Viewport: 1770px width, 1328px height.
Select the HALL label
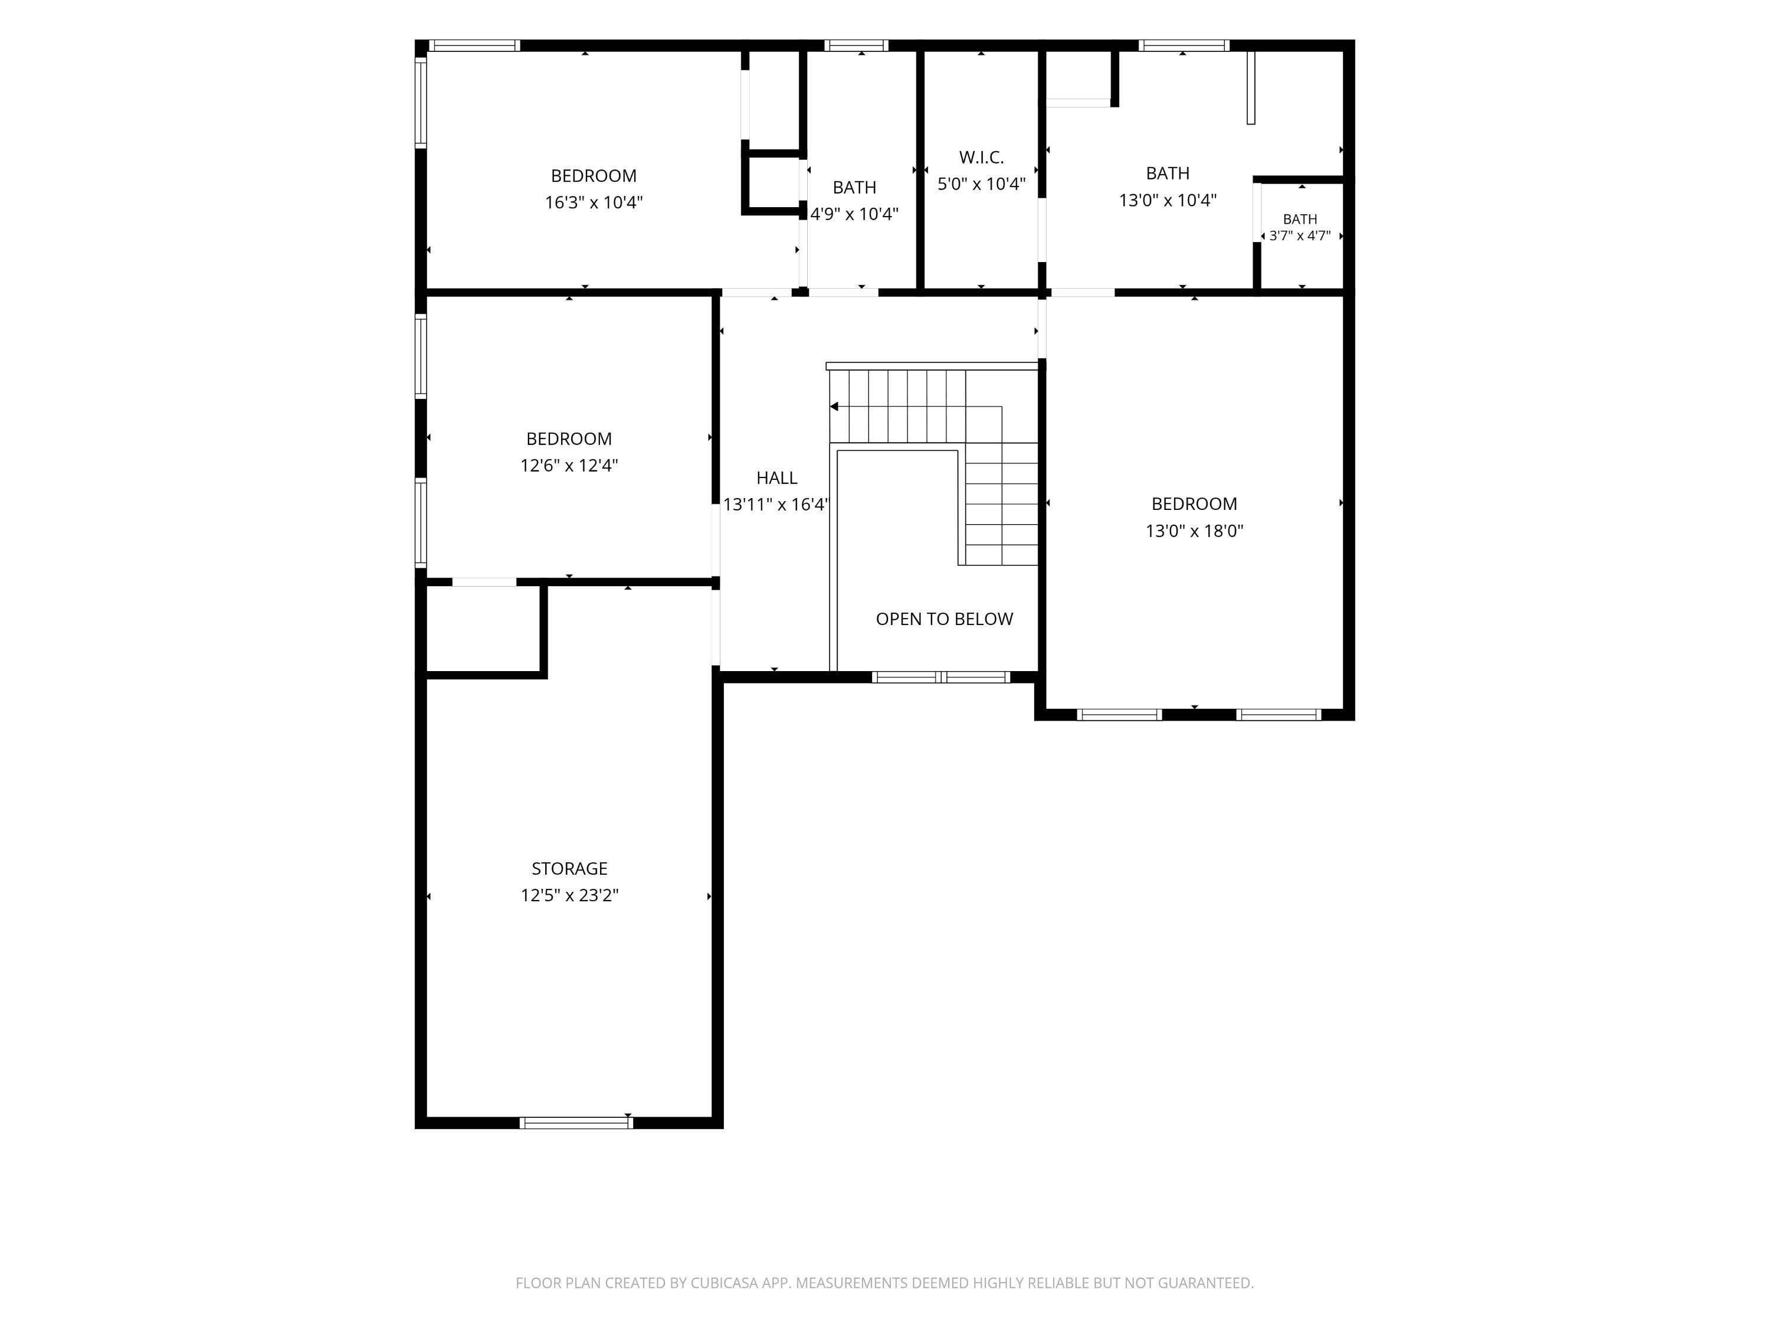pos(776,478)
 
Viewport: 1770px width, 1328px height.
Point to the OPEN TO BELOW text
pos(944,619)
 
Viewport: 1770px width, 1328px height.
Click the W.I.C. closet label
pos(981,158)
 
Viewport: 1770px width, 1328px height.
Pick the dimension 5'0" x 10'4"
pos(981,184)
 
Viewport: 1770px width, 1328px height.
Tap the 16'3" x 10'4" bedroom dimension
pos(594,202)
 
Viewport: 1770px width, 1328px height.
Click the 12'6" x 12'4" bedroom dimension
pos(569,465)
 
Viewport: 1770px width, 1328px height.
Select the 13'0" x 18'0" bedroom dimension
pos(1194,531)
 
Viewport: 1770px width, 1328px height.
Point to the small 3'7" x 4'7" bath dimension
pos(1300,236)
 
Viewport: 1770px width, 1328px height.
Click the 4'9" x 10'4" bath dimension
pos(854,214)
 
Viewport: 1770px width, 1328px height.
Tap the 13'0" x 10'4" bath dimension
pos(1168,200)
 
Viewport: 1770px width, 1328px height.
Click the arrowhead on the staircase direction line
pos(834,407)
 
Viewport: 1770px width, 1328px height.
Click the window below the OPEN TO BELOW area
pos(941,677)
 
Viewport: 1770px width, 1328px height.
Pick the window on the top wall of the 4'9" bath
pos(856,45)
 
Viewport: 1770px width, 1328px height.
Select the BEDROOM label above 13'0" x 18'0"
pos(1194,504)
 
